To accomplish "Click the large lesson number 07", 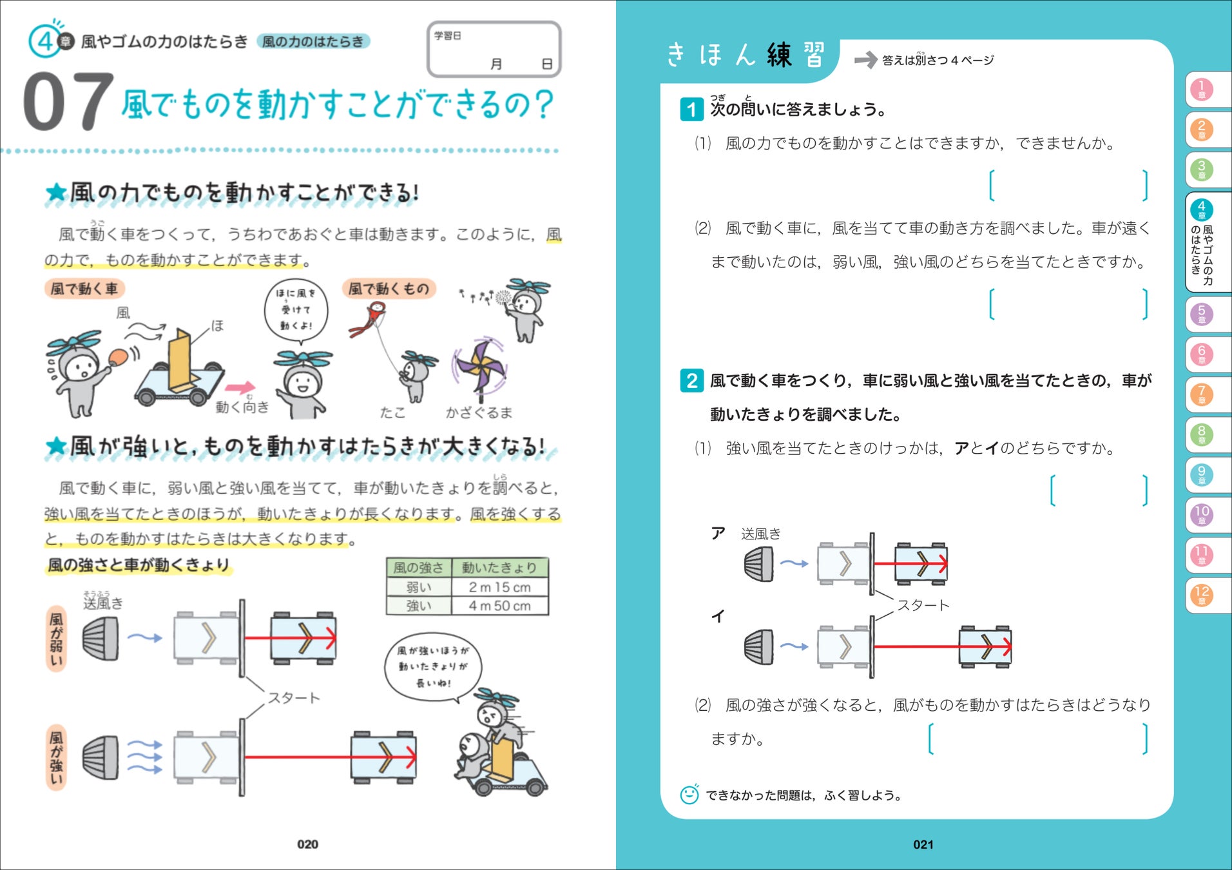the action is [x=68, y=102].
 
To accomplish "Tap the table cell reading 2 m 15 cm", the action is [x=499, y=587].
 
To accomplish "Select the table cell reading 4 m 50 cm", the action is [x=499, y=606].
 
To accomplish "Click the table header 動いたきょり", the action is [x=499, y=568].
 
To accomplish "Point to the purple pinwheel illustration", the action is [x=479, y=367].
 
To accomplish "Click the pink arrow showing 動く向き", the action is [x=240, y=387].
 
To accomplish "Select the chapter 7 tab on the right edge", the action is [x=1201, y=394].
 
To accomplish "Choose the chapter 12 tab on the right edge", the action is [x=1201, y=594].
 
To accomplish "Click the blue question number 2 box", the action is [x=691, y=380].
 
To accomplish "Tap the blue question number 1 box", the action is [x=691, y=109].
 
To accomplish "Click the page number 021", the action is [x=923, y=844].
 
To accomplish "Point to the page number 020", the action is [x=307, y=844].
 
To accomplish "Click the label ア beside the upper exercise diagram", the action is [x=718, y=533].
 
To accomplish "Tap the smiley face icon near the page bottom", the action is [x=689, y=795].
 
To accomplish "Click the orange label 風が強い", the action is [x=57, y=758].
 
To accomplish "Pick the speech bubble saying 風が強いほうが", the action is [x=433, y=666].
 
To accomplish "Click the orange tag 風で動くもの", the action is [x=389, y=289].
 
